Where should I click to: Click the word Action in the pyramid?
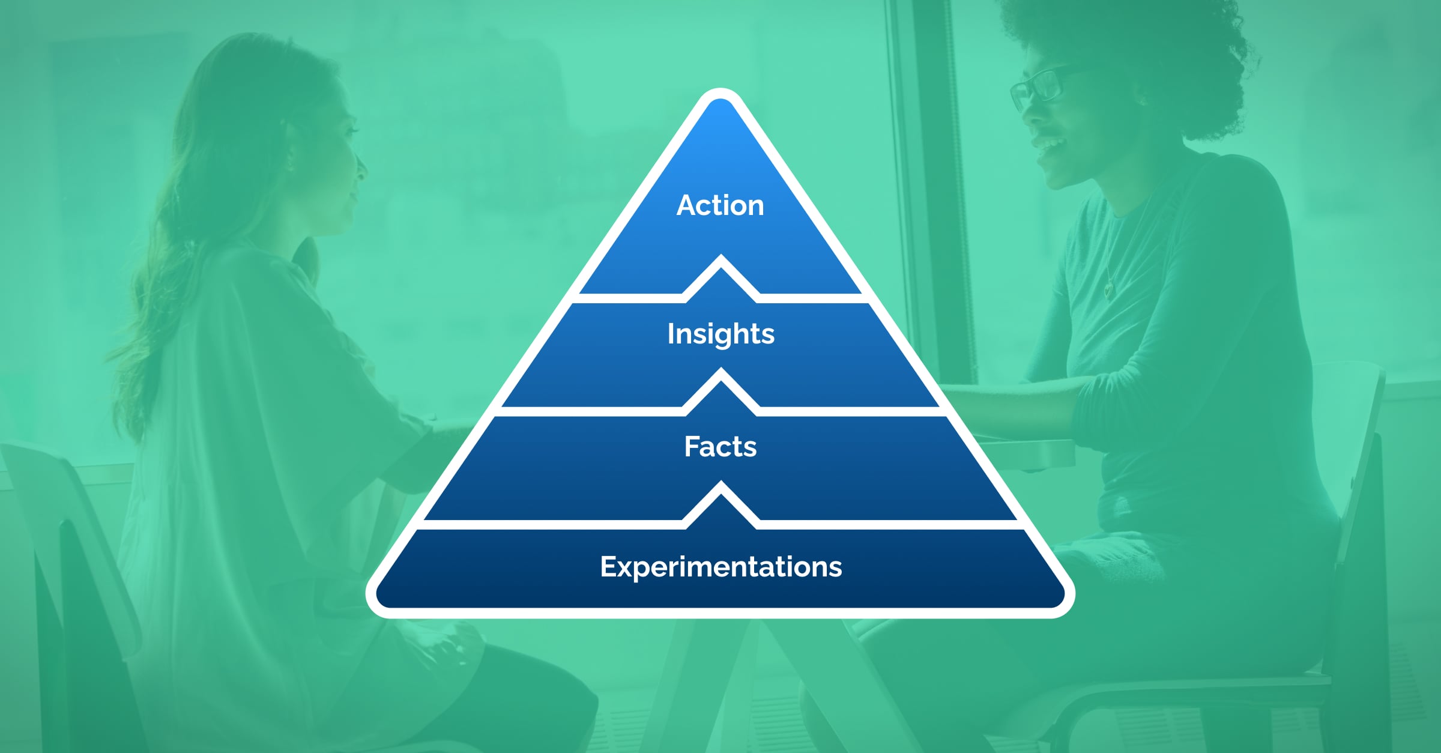tap(720, 205)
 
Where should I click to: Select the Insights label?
tap(720, 334)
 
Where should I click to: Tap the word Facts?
tap(720, 447)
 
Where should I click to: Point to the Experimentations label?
tap(720, 567)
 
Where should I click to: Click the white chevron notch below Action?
tap(721, 264)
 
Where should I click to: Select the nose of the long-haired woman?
tap(361, 165)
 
